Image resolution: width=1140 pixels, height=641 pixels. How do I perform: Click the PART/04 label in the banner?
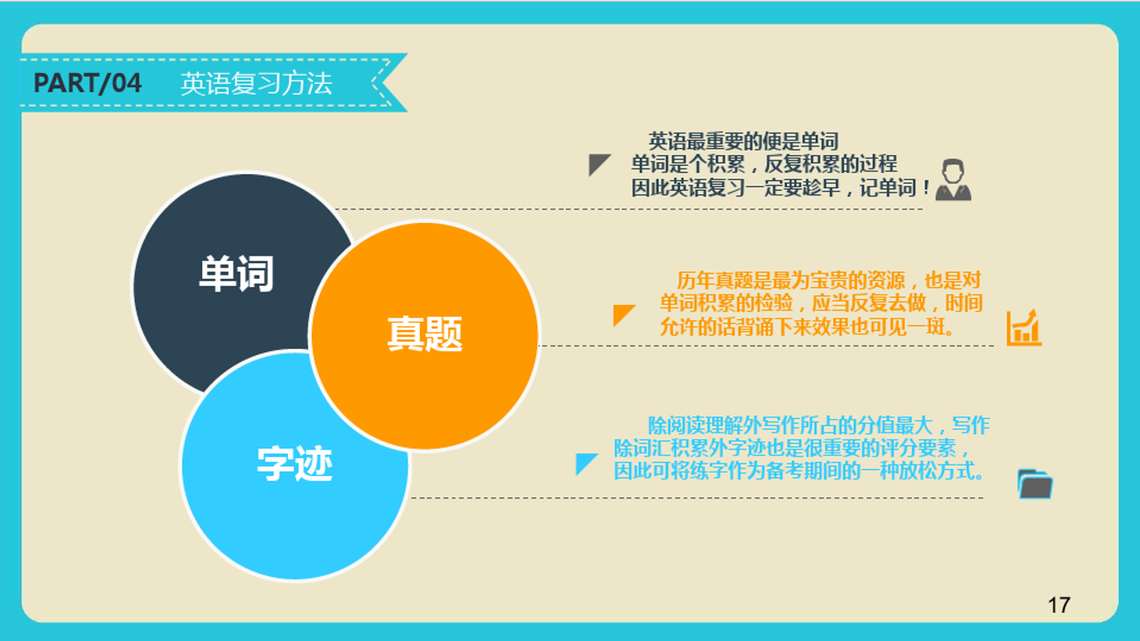point(87,83)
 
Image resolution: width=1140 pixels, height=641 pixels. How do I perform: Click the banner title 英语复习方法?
point(257,84)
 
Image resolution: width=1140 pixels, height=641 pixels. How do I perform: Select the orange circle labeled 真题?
point(424,335)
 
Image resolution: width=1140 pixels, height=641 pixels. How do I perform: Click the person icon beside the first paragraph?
point(953,180)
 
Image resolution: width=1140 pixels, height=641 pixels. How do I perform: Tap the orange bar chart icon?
point(1024,328)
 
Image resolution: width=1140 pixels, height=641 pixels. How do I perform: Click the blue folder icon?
point(1035,484)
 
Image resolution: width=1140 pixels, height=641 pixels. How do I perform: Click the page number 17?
point(1059,605)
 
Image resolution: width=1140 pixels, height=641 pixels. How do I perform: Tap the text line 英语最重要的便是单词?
point(743,141)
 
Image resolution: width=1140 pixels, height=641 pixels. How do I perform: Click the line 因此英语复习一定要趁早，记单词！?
point(781,188)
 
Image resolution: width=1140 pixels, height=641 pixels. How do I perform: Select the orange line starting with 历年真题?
point(829,280)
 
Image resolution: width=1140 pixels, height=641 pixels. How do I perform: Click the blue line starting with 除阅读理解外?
point(818,425)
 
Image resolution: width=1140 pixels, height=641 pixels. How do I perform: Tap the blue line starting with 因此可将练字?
point(799,471)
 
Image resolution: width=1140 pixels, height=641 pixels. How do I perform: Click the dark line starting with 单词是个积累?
point(764,164)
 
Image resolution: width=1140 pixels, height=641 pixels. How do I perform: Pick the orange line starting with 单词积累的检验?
point(821,303)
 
